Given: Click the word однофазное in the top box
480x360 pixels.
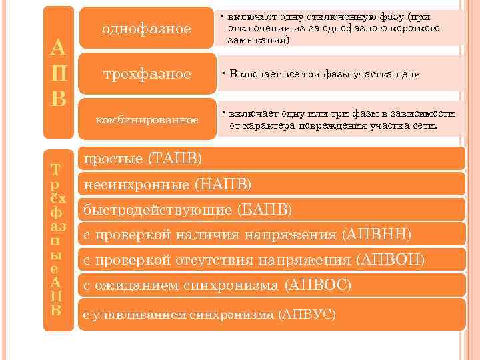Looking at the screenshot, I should point(146,29).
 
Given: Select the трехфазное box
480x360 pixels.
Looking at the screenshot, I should point(146,74).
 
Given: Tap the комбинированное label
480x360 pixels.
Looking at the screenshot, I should point(147,119).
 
